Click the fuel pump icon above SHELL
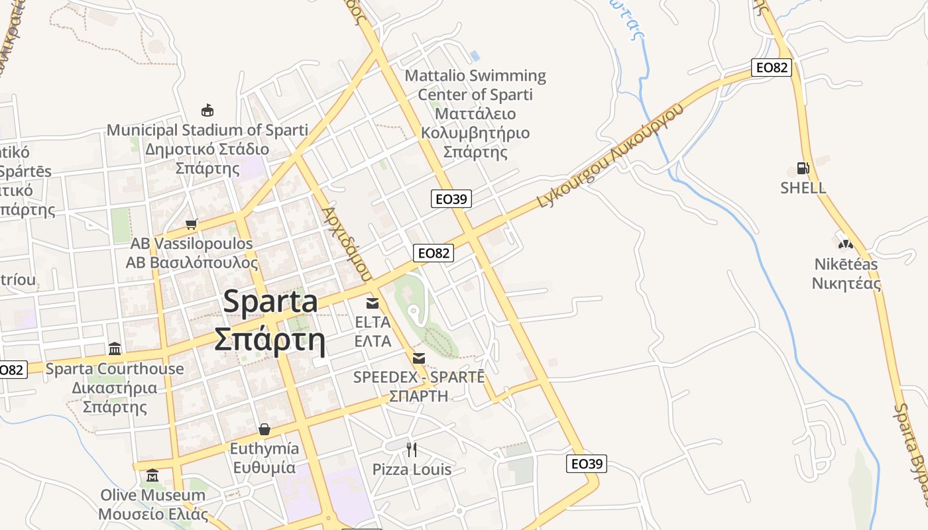pyautogui.click(x=803, y=168)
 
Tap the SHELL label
pyautogui.click(x=803, y=187)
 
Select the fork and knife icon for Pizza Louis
pyautogui.click(x=412, y=450)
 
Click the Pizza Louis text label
pyautogui.click(x=412, y=470)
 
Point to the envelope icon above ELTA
pyautogui.click(x=373, y=303)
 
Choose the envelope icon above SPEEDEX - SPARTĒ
pyautogui.click(x=419, y=358)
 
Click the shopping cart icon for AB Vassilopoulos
pyautogui.click(x=192, y=225)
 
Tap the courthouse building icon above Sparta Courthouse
pyautogui.click(x=115, y=348)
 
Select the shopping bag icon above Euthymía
pyautogui.click(x=264, y=429)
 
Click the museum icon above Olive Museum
pyautogui.click(x=153, y=475)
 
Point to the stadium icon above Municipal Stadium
pyautogui.click(x=207, y=110)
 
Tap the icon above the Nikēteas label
pyautogui.click(x=844, y=243)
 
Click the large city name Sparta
pyautogui.click(x=270, y=302)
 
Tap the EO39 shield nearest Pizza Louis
pyautogui.click(x=587, y=464)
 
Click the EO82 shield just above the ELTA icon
pyautogui.click(x=434, y=252)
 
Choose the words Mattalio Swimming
pyautogui.click(x=475, y=76)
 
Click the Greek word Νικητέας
pyautogui.click(x=846, y=284)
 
